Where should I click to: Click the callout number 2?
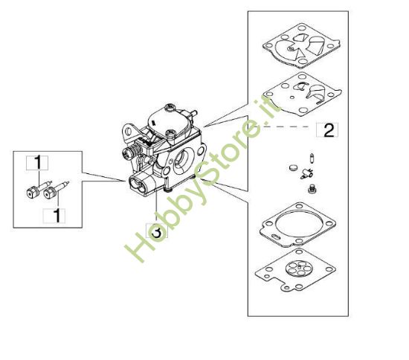(329, 130)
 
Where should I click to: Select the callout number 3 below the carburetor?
(157, 231)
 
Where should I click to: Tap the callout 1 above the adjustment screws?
(38, 162)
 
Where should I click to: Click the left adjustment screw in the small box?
(39, 190)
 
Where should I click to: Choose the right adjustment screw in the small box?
(56, 190)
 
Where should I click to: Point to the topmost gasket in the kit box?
(301, 46)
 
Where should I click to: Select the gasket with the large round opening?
(297, 225)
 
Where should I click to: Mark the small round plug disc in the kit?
(293, 167)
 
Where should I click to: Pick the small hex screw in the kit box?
(312, 189)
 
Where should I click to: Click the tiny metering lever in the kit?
(306, 173)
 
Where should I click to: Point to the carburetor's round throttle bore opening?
(183, 161)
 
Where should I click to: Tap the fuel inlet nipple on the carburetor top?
(193, 113)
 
